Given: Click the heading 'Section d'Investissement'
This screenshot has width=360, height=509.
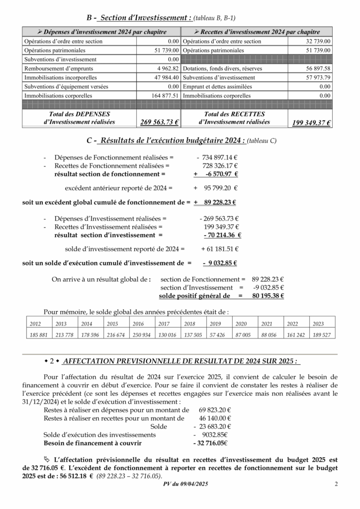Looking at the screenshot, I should point(145,18).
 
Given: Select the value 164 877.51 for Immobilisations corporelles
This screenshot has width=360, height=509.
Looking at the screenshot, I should point(165,95).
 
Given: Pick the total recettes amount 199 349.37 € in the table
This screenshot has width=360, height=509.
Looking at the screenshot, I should point(311,123).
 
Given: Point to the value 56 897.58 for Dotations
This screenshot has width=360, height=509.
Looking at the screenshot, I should point(318,69).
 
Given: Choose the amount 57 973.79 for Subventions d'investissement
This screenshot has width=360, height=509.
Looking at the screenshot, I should point(318,78).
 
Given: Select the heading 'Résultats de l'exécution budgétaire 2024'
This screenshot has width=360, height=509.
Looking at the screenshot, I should point(172,141).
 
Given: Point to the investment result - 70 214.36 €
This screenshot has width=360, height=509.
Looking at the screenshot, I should point(222,235).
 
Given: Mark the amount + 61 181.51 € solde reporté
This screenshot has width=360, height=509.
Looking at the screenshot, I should point(220,249).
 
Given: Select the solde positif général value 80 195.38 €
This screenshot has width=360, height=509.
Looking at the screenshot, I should point(268,296).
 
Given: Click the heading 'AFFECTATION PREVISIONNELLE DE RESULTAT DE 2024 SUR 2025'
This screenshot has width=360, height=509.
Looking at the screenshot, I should point(182,360).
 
